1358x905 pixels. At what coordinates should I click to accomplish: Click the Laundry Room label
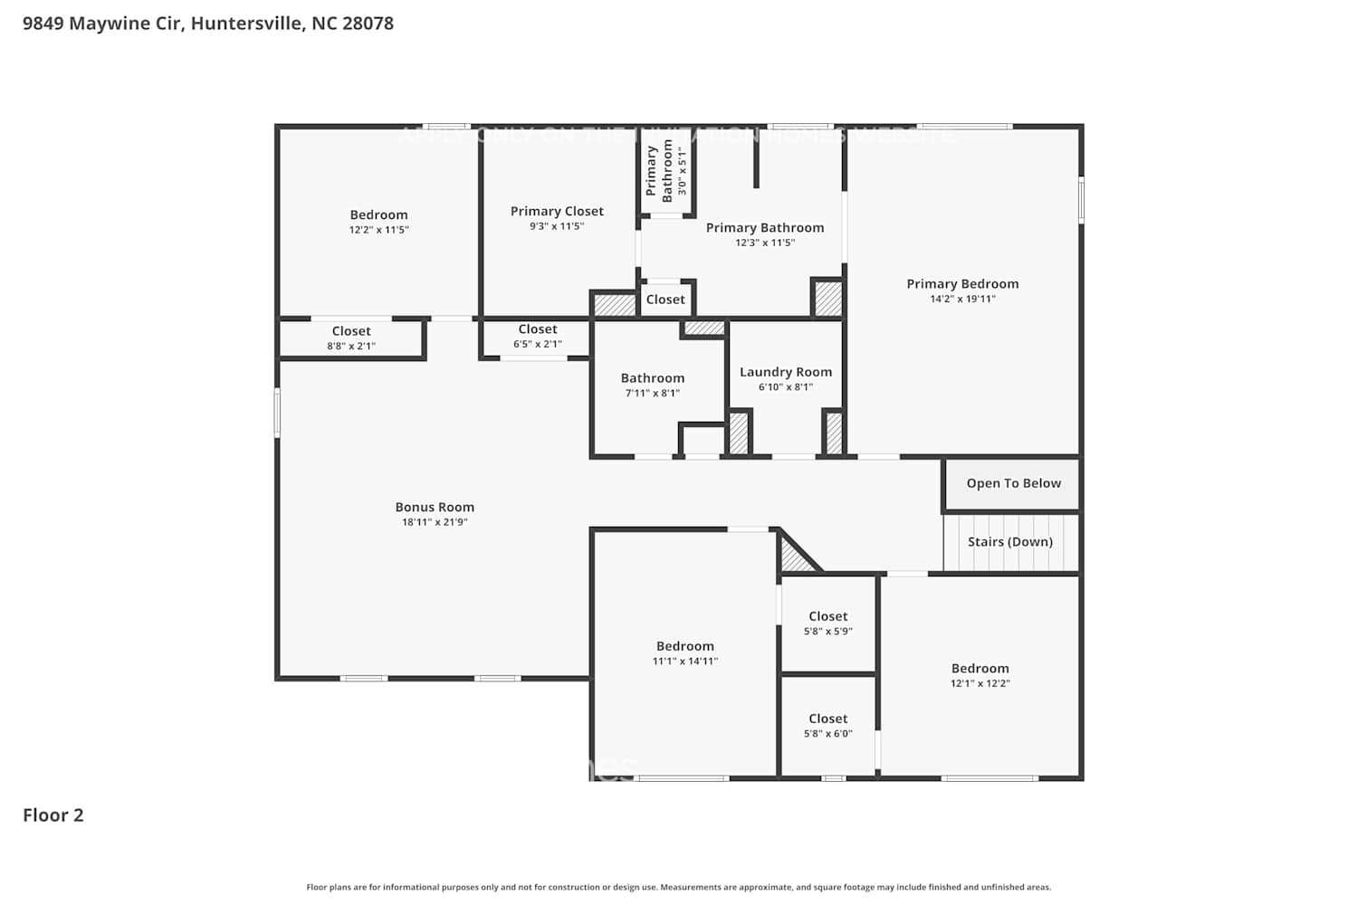(x=785, y=372)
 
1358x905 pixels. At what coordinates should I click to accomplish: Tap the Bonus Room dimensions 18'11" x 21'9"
(x=435, y=522)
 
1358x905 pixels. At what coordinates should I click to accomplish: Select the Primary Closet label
(x=557, y=211)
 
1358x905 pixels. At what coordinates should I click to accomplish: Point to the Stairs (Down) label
(x=1009, y=541)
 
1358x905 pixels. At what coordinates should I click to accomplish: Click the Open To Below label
(x=1013, y=483)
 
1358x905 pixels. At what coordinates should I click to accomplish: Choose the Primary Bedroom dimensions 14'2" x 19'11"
(x=962, y=299)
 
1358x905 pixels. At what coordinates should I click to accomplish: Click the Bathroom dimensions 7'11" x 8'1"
(x=652, y=393)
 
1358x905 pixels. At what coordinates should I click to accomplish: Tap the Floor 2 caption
(x=53, y=814)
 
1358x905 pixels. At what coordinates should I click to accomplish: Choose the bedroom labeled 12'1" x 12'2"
(x=980, y=675)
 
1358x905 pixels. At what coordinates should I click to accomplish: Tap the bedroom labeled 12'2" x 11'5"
(x=378, y=222)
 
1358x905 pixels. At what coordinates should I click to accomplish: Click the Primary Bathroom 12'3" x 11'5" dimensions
(x=765, y=243)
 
